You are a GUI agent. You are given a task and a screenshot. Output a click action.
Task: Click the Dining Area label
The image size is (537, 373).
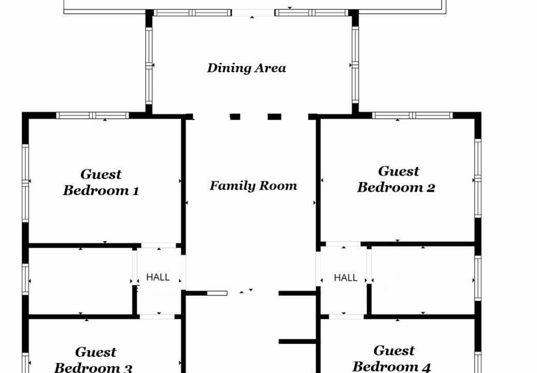[247, 68]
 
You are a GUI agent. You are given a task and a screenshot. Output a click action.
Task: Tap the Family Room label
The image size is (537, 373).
[253, 185]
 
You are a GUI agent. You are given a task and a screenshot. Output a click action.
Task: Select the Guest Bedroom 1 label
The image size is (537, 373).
[101, 182]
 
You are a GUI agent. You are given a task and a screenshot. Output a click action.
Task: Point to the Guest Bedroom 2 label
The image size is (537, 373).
[397, 179]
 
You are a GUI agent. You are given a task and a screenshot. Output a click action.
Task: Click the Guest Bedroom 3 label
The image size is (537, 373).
[93, 360]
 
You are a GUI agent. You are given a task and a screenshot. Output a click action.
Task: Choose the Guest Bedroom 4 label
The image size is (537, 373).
[392, 358]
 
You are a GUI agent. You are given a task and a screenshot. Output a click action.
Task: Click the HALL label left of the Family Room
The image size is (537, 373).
[158, 277]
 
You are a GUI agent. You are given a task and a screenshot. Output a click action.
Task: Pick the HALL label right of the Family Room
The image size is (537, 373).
[346, 278]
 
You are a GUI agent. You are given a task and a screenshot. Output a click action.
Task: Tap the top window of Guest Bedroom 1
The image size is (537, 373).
[92, 116]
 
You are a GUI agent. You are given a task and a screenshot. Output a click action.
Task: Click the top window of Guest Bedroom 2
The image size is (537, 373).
[413, 116]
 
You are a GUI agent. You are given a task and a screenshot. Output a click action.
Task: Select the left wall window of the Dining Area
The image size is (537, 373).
[149, 65]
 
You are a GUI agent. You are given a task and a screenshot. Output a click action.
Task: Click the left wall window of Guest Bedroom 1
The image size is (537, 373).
[25, 183]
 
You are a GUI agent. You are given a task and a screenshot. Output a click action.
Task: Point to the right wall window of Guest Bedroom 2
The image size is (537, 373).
[478, 178]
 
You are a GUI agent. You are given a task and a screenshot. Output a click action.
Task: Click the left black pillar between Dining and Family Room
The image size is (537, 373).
[235, 117]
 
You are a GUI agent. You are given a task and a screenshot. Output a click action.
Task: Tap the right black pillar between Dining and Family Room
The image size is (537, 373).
[274, 117]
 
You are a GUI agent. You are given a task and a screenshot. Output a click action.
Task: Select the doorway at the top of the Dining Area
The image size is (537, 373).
[253, 13]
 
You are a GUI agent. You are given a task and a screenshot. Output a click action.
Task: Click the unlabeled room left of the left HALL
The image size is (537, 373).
[80, 281]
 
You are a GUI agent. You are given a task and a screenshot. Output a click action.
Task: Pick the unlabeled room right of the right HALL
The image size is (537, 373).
[423, 280]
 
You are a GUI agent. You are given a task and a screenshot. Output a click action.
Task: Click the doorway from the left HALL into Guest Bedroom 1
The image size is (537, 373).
[159, 246]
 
